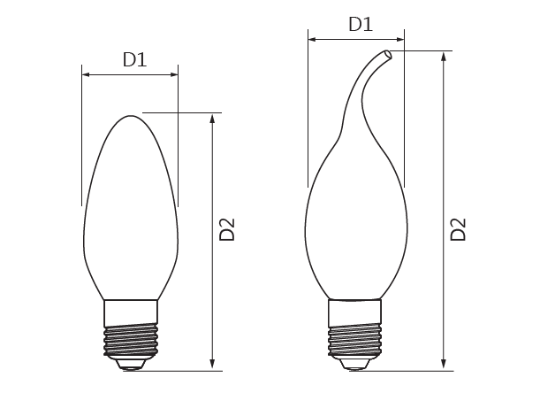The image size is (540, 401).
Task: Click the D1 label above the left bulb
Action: click(x=134, y=59)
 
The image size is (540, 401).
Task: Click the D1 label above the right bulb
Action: click(x=361, y=25)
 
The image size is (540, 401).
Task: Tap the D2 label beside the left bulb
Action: click(x=227, y=229)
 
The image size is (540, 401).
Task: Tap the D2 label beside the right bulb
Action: click(x=459, y=229)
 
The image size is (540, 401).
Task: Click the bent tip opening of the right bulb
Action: click(x=388, y=55)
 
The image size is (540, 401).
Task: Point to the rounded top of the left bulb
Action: click(x=131, y=117)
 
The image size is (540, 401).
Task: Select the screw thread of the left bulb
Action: click(x=131, y=340)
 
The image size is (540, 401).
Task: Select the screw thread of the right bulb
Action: click(x=355, y=340)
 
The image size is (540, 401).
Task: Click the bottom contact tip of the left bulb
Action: click(x=131, y=365)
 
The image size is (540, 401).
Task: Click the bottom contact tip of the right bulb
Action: click(x=355, y=365)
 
